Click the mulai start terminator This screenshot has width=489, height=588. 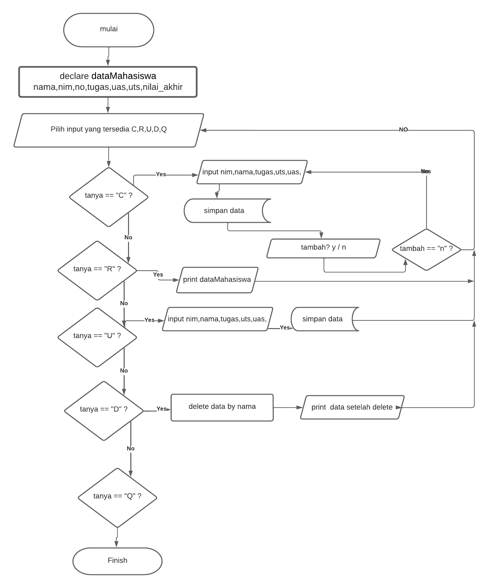pyautogui.click(x=109, y=30)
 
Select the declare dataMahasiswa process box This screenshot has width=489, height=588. pyautogui.click(x=108, y=82)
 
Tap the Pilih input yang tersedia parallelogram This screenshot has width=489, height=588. pyautogui.click(x=109, y=130)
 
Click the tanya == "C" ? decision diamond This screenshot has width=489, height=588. pyautogui.click(x=109, y=196)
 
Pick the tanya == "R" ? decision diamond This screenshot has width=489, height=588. pyautogui.click(x=97, y=270)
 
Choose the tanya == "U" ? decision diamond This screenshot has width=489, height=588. pyautogui.click(x=97, y=336)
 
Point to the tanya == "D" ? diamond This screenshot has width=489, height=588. pyautogui.click(x=104, y=410)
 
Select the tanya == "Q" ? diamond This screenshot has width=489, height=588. pyautogui.click(x=117, y=497)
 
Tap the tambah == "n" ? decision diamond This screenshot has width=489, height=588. pyautogui.click(x=426, y=249)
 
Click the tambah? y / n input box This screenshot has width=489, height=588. pyautogui.click(x=323, y=248)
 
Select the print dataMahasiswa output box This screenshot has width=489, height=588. pyautogui.click(x=217, y=280)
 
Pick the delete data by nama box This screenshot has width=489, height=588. pyautogui.click(x=222, y=407)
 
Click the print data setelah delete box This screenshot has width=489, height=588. pyautogui.click(x=352, y=407)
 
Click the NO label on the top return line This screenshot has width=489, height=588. pyautogui.click(x=403, y=130)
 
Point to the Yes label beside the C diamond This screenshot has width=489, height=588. pyautogui.click(x=161, y=174)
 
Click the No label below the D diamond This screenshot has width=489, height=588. pyautogui.click(x=130, y=448)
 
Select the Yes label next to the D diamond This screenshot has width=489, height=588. pyautogui.click(x=161, y=409)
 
